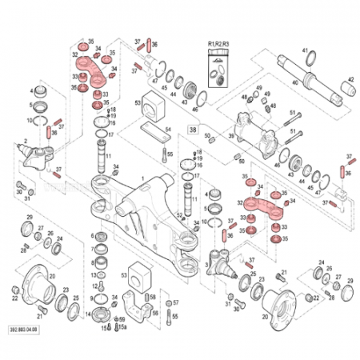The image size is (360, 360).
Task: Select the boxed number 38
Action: coord(192,127)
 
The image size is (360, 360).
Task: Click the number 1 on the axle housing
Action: coord(142,179)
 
